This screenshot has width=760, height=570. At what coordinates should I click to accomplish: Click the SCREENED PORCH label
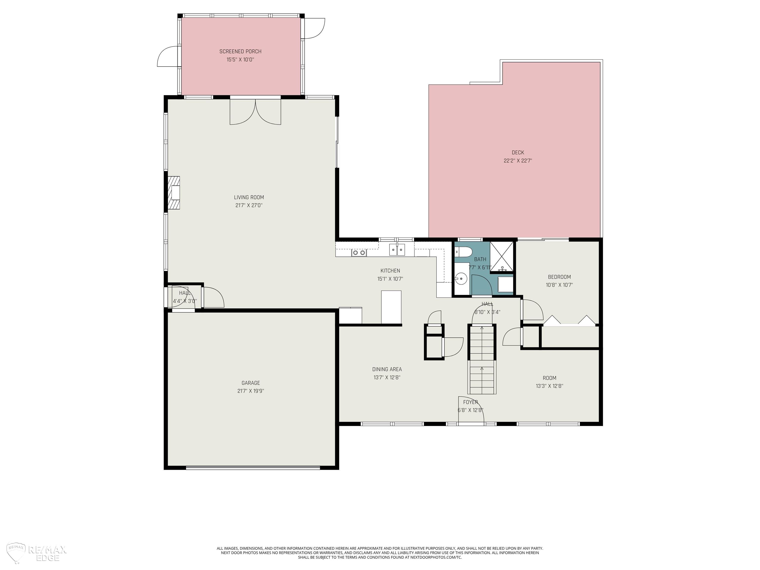[x=240, y=51]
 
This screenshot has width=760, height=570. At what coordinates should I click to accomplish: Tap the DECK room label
[x=518, y=153]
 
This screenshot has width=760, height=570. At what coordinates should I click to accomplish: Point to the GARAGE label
[x=250, y=383]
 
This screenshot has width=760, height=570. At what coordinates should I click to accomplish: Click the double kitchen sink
[x=397, y=249]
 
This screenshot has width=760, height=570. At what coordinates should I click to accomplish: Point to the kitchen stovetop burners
[x=359, y=253]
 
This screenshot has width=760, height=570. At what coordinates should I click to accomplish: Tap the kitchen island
[x=391, y=307]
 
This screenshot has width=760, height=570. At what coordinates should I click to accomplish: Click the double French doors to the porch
[x=255, y=112]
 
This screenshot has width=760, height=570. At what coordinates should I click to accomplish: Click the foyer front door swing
[x=471, y=409]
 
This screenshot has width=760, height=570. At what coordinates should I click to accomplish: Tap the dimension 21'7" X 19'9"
[x=250, y=391]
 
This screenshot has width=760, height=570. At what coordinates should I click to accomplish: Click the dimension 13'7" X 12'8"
[x=387, y=378]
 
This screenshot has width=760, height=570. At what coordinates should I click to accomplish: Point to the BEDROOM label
[x=559, y=277]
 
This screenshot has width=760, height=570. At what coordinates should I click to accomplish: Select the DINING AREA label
[x=387, y=369]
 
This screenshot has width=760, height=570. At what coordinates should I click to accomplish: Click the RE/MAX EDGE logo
[x=36, y=553]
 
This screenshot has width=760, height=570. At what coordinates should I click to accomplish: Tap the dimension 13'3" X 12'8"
[x=549, y=386]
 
